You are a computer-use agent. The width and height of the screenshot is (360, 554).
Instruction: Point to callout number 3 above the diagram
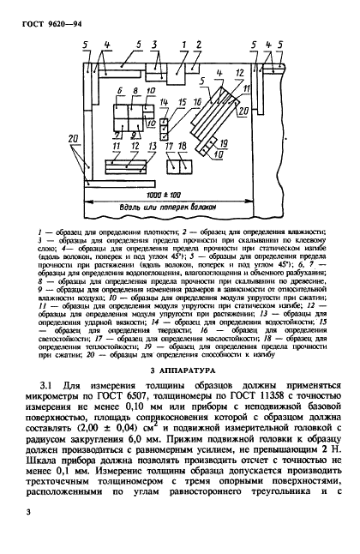click(154, 42)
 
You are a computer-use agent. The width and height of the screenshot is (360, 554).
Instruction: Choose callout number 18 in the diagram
click(183, 148)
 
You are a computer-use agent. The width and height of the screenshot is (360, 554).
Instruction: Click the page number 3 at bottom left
click(29, 513)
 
